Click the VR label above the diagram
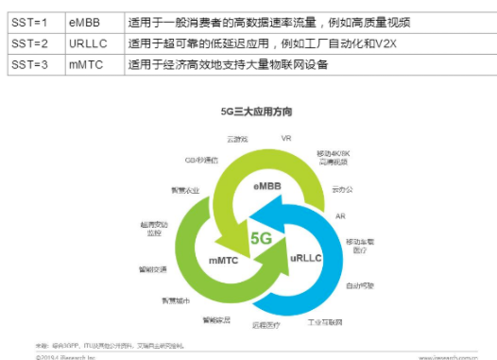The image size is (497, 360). pyautogui.click(x=286, y=138)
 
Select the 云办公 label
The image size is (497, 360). pyautogui.click(x=340, y=189)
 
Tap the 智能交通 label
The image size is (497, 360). pyautogui.click(x=151, y=269)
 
